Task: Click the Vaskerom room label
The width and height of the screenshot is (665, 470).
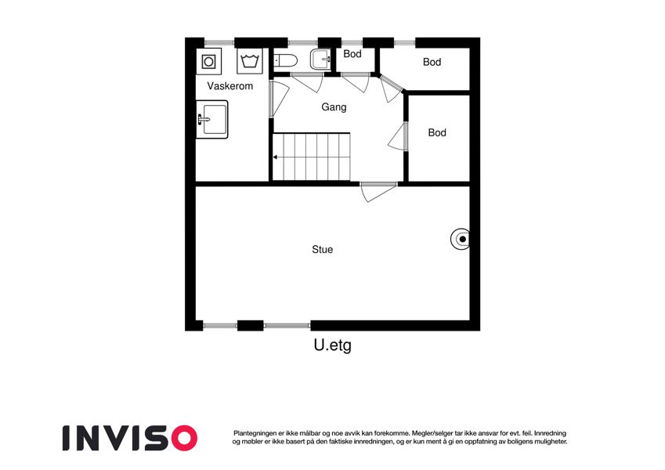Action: pyautogui.click(x=229, y=86)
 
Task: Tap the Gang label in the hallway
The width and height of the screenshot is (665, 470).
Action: pyautogui.click(x=334, y=107)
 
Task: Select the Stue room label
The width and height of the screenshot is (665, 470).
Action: pyautogui.click(x=323, y=249)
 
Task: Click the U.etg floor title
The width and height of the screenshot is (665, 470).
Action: pyautogui.click(x=332, y=345)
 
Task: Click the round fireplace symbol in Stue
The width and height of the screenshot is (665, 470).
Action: pyautogui.click(x=460, y=239)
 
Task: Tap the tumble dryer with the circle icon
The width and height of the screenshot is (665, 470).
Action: pyautogui.click(x=208, y=62)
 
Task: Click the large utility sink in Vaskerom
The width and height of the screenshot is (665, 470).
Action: pyautogui.click(x=211, y=119)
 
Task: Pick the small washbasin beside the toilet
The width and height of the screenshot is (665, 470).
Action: pyautogui.click(x=321, y=60)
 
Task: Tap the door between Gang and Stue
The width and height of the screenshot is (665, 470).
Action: pyautogui.click(x=378, y=192)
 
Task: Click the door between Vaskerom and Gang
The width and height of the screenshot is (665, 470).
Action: pyautogui.click(x=279, y=99)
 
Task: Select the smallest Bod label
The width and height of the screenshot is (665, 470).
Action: pyautogui.click(x=352, y=54)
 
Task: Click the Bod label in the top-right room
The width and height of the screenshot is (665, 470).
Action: pyautogui.click(x=432, y=62)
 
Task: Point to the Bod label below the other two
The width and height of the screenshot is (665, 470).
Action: pyautogui.click(x=437, y=132)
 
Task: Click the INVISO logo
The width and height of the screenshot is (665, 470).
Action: pyautogui.click(x=130, y=438)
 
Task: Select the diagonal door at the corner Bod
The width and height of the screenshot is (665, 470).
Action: pyautogui.click(x=391, y=89)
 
